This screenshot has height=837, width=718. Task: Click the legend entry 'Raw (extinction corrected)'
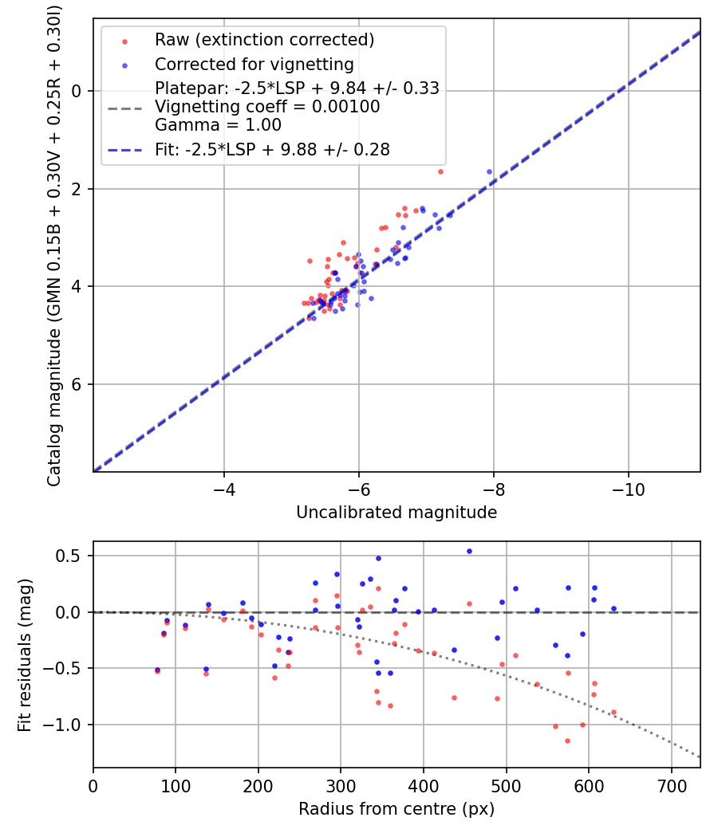coord(264,40)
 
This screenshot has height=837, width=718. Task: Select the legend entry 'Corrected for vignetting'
coord(254,65)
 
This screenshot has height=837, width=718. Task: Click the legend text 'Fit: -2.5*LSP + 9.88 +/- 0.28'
coord(272,150)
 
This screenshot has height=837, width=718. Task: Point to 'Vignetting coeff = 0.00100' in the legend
coord(267,107)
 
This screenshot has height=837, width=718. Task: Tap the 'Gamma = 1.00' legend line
coord(218,125)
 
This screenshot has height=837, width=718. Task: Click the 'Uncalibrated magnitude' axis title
coord(396,513)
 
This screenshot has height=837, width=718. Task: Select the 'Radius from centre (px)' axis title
coord(396,809)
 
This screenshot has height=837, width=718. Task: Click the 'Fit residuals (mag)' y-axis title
coord(25,654)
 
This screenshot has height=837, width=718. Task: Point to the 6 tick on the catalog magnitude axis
coord(77,384)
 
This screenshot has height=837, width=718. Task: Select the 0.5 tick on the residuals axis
coord(73,556)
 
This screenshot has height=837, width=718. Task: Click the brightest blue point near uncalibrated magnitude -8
coord(489,171)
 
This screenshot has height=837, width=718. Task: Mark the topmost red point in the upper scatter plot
coord(440,171)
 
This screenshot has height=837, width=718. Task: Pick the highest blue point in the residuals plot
coord(469,551)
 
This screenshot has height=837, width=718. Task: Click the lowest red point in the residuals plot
coord(567,741)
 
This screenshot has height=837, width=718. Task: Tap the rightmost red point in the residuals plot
coord(613,712)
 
